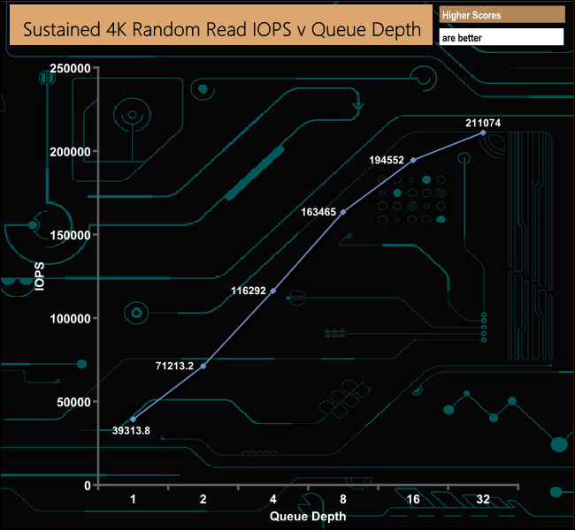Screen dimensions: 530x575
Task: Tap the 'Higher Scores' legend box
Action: coord(501,15)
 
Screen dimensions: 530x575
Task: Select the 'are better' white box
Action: coord(501,37)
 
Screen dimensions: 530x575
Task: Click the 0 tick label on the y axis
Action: coord(86,485)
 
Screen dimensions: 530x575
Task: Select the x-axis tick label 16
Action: coord(413,500)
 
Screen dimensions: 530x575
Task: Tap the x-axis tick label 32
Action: coord(483,500)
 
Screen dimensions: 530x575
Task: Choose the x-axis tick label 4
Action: coord(273,500)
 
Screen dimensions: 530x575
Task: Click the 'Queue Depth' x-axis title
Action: coord(308,516)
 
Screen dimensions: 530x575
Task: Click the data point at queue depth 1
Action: coord(134,419)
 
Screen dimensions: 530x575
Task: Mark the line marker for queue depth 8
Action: coord(343,212)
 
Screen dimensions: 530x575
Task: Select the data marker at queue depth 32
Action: coord(483,132)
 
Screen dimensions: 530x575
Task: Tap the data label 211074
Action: coord(483,124)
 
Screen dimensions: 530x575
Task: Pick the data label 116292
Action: coord(249,291)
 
